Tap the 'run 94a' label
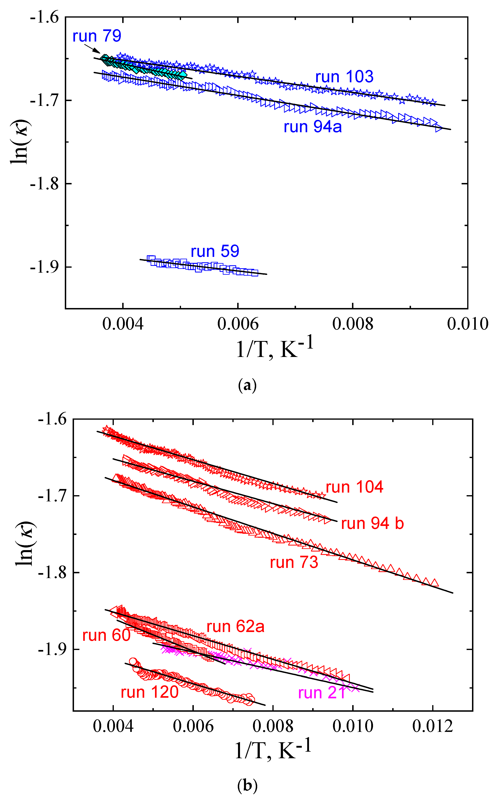click(x=313, y=127)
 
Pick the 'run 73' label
click(x=294, y=563)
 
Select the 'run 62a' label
click(x=235, y=627)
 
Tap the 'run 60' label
click(x=106, y=636)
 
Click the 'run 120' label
click(x=150, y=692)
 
